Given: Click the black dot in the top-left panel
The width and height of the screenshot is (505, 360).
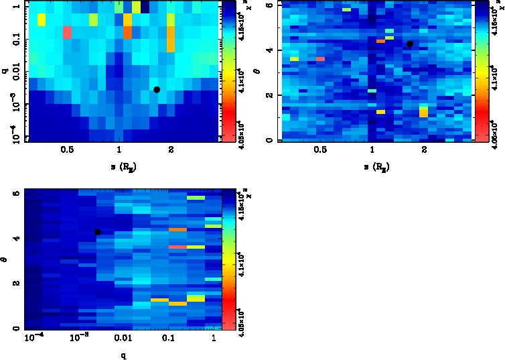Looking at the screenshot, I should [157, 89].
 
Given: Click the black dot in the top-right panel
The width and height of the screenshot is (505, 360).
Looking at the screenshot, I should [410, 44].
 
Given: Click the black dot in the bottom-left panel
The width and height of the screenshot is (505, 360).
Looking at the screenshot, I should [98, 232].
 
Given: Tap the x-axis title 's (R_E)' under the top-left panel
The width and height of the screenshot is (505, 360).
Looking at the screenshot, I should [120, 165].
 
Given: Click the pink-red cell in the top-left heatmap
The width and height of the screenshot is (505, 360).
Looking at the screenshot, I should [67, 32].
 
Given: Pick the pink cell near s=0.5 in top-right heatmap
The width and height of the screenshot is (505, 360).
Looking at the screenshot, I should [320, 59].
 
